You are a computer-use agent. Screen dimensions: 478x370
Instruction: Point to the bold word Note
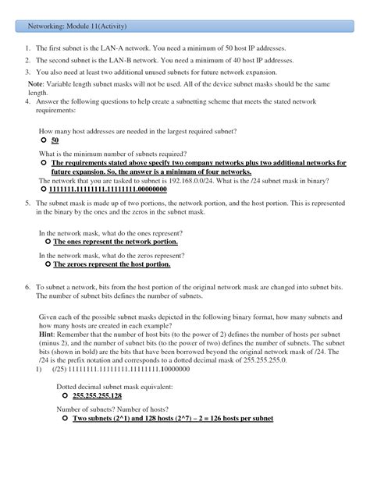[36, 83]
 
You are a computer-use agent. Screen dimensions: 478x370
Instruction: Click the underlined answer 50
[55, 141]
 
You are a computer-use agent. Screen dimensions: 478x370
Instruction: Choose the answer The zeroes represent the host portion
[112, 264]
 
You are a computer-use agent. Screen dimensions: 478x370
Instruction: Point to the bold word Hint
[48, 332]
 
